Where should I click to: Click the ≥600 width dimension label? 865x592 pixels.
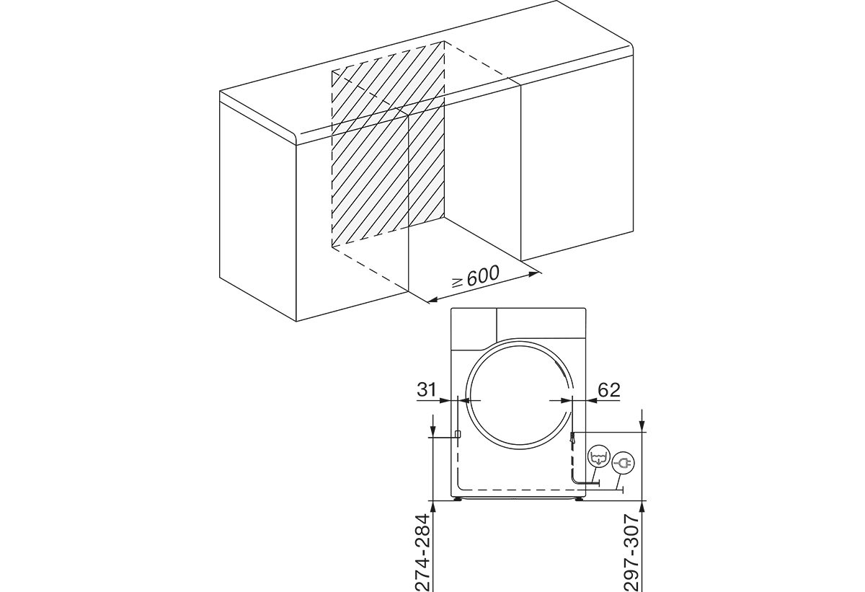[476, 276]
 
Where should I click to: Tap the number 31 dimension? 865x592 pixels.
[426, 390]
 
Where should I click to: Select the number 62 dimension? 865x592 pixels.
[609, 390]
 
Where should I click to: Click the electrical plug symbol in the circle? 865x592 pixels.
[624, 462]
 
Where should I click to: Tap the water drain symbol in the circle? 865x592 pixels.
[598, 458]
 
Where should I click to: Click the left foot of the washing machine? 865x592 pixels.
[458, 498]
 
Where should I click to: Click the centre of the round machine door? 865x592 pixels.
[520, 394]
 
